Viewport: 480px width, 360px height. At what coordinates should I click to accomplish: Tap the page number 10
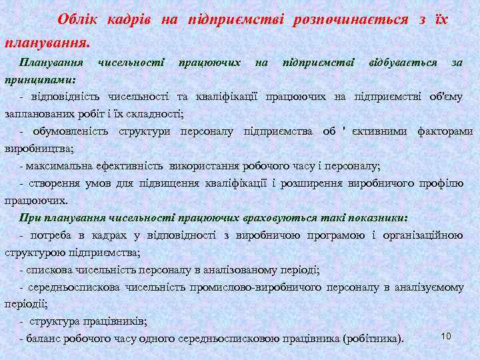pos(446,335)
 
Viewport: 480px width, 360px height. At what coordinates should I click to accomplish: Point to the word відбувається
pos(403,62)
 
